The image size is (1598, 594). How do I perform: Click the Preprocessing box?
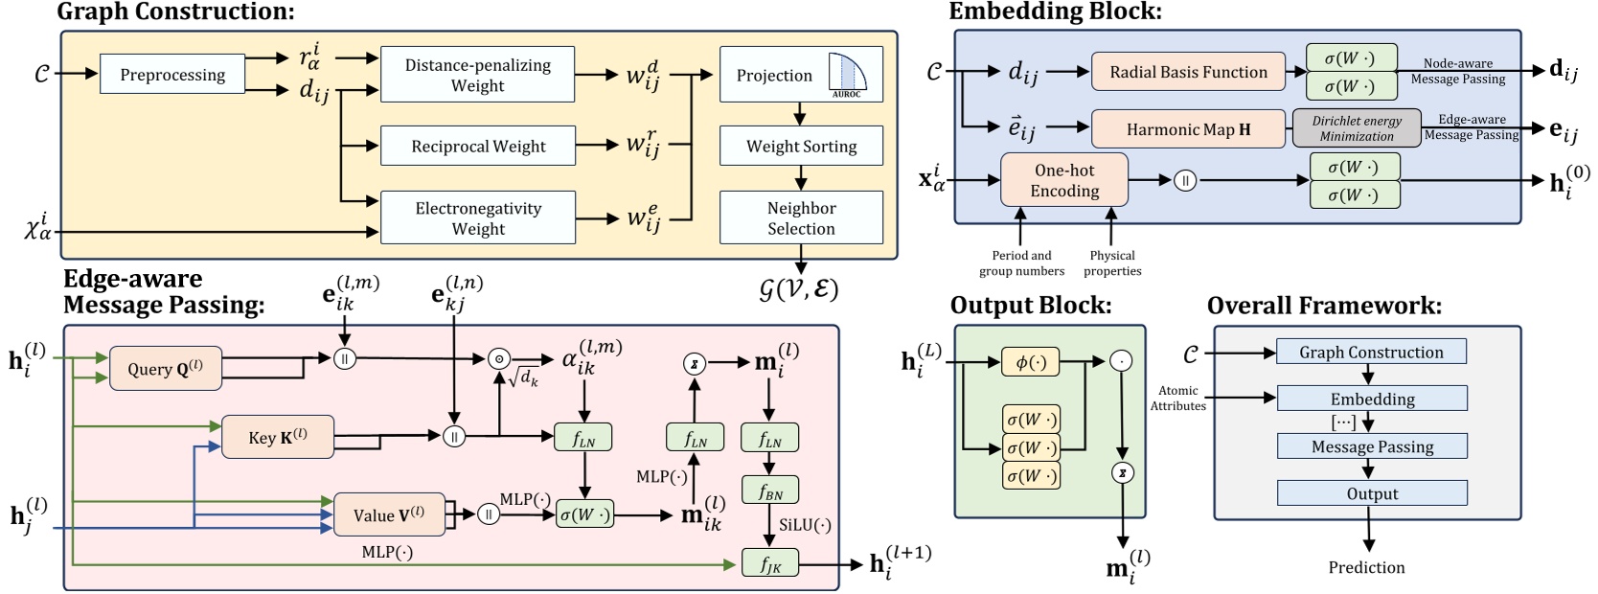[172, 75]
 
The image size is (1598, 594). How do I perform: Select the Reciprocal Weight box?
[478, 146]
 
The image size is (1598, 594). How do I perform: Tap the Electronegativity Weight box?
[478, 217]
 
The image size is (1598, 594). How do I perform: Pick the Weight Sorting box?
[801, 147]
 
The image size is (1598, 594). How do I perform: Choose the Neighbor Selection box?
[801, 217]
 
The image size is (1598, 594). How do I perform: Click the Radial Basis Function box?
[1188, 72]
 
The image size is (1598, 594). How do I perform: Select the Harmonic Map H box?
[1188, 129]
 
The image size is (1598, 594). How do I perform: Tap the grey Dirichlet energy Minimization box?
[1356, 128]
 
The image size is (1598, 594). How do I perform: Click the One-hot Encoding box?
[1064, 180]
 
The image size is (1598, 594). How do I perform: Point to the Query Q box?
[165, 369]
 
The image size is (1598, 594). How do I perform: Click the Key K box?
[278, 437]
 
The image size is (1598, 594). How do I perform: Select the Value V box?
[388, 514]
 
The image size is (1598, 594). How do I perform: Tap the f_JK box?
[770, 563]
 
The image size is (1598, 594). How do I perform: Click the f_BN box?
[770, 492]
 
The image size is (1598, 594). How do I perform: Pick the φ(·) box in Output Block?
[1030, 362]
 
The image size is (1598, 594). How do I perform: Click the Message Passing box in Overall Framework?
[1372, 446]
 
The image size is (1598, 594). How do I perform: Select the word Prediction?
[1366, 567]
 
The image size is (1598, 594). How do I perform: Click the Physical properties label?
[1112, 263]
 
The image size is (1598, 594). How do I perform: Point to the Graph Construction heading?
[175, 11]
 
